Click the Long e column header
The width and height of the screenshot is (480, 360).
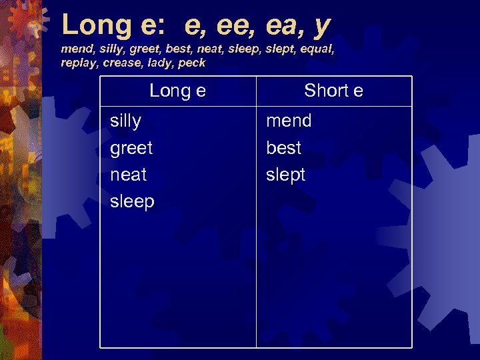click(177, 91)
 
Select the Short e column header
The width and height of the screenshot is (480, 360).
click(333, 91)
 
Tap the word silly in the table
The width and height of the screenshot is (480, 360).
click(125, 121)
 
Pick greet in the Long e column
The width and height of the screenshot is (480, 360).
click(131, 148)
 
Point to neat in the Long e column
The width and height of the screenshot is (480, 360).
click(128, 175)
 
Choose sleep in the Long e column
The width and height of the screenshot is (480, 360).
click(132, 202)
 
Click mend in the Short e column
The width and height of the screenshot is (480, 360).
click(289, 121)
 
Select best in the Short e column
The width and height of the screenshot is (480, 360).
click(283, 148)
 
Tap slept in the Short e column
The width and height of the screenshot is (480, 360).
click(285, 175)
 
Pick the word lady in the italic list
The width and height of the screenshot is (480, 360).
click(159, 63)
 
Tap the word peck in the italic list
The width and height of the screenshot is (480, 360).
click(192, 63)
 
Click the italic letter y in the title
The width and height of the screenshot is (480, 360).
click(321, 27)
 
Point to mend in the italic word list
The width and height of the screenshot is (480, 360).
click(75, 49)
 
